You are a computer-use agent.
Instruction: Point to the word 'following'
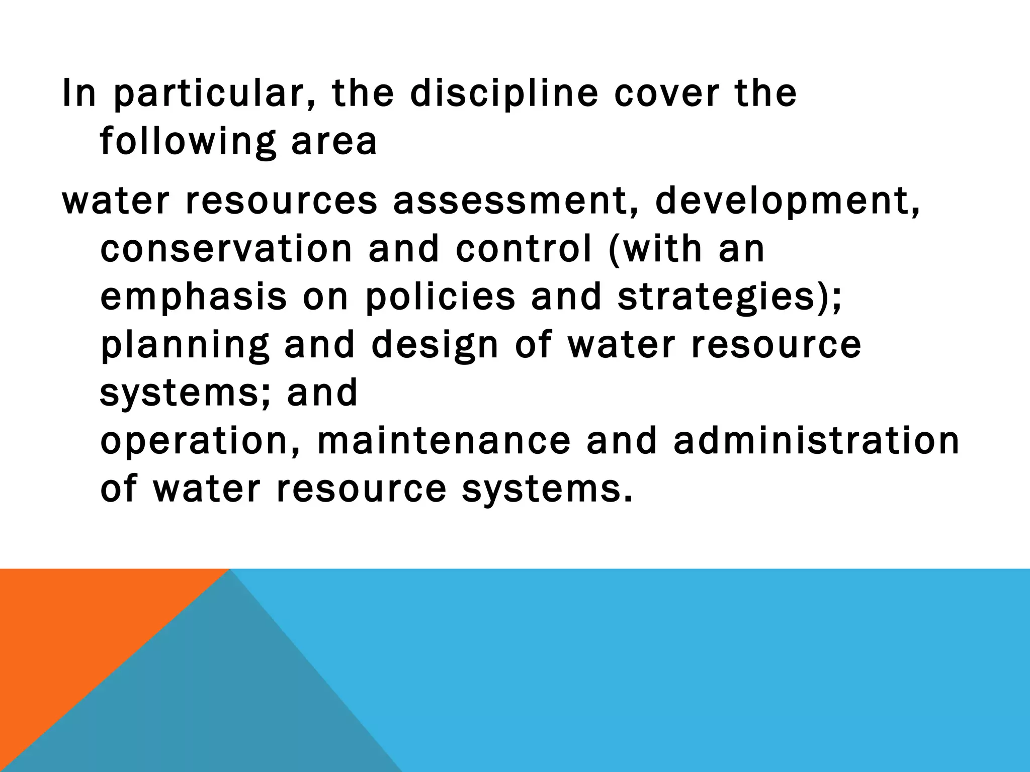point(188,142)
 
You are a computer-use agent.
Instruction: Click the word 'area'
point(334,142)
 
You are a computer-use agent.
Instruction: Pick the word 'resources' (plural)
point(281,201)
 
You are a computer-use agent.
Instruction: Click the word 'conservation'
point(226,249)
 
